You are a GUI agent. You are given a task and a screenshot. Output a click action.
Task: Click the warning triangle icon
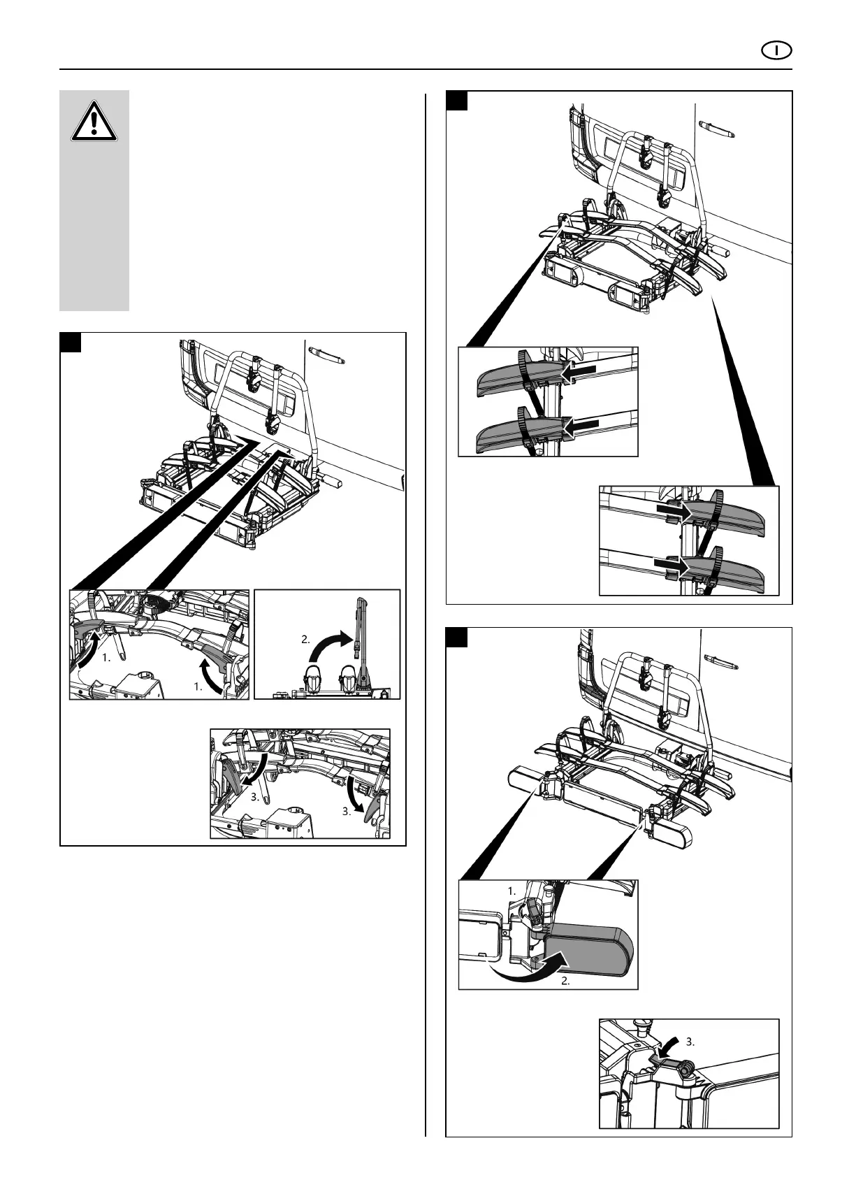coord(94,123)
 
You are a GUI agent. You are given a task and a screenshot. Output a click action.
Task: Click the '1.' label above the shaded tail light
coord(512,891)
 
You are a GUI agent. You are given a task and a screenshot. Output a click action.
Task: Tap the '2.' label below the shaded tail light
coord(567,981)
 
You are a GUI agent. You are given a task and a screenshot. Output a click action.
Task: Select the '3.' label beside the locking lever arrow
coord(691,1042)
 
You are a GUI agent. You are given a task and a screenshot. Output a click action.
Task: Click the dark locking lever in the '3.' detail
coord(672,1064)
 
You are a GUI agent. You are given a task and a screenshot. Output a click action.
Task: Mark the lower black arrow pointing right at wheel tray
coord(669,562)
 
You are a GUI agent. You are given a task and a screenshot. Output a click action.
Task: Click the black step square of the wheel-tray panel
coord(457,101)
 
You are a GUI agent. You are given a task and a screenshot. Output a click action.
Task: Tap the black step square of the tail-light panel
coord(457,638)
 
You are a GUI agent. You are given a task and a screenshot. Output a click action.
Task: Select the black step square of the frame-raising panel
coord(71,343)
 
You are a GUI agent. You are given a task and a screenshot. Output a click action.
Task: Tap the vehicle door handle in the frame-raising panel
coord(327,358)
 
